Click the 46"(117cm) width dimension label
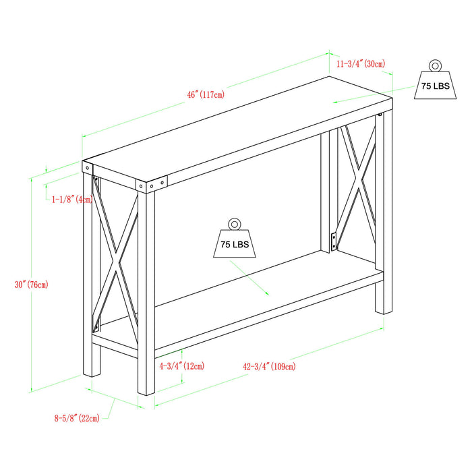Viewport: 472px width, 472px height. pyautogui.click(x=206, y=95)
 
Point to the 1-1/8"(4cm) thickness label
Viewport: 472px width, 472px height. pyautogui.click(x=72, y=200)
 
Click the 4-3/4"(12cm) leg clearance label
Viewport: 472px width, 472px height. pyautogui.click(x=181, y=366)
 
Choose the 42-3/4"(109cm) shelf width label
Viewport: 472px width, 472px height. pyautogui.click(x=269, y=367)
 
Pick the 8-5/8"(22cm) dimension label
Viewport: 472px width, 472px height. pyautogui.click(x=77, y=418)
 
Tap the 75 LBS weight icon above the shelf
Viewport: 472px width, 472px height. pyautogui.click(x=235, y=243)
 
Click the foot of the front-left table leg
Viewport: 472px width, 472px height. pyautogui.click(x=92, y=372)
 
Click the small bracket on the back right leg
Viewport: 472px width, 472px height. pyautogui.click(x=333, y=241)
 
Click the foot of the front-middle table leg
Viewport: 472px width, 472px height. pyautogui.click(x=147, y=392)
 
